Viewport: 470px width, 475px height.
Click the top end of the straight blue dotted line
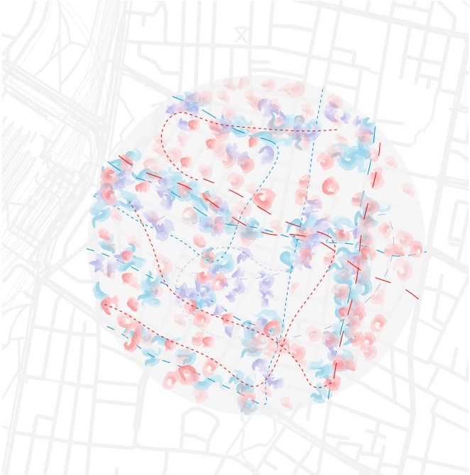tap(323, 88)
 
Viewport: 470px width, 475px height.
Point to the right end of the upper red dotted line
tap(338, 129)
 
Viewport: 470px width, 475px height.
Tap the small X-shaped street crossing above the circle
tap(241, 33)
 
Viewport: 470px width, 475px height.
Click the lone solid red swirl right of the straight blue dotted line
tap(330, 187)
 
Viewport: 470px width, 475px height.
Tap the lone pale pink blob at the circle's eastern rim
tap(408, 189)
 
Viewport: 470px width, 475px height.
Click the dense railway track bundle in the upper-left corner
tap(43, 85)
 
